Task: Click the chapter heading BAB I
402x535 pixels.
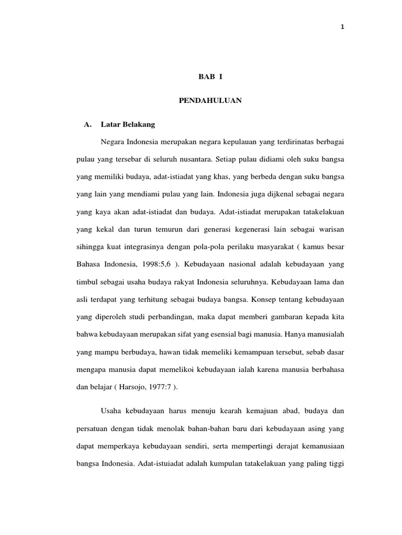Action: point(210,77)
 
